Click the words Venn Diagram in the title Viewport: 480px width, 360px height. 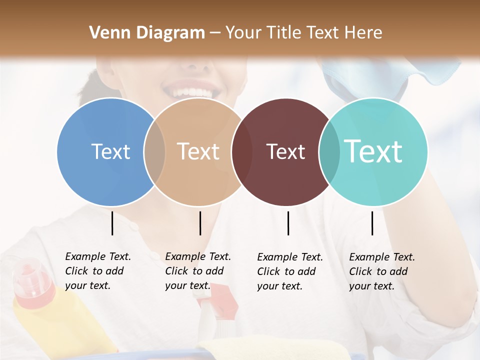click(147, 33)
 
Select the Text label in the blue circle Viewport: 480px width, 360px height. click(110, 151)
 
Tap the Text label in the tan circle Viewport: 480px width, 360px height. click(198, 151)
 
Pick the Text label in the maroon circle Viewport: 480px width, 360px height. click(285, 151)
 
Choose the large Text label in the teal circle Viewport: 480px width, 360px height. click(373, 151)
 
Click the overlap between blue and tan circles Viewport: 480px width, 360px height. click(154, 152)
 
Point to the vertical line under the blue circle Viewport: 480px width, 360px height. click(112, 223)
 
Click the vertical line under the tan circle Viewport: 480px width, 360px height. click(200, 223)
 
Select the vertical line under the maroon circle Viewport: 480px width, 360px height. click(288, 223)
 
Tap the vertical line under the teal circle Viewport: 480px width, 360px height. click(372, 223)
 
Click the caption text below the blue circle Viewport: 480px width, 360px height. click(97, 271)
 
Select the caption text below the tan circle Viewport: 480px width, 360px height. click(197, 271)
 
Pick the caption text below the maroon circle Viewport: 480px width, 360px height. click(289, 271)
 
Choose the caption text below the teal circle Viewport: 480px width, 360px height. click(381, 271)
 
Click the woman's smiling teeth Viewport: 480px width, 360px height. click(190, 93)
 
